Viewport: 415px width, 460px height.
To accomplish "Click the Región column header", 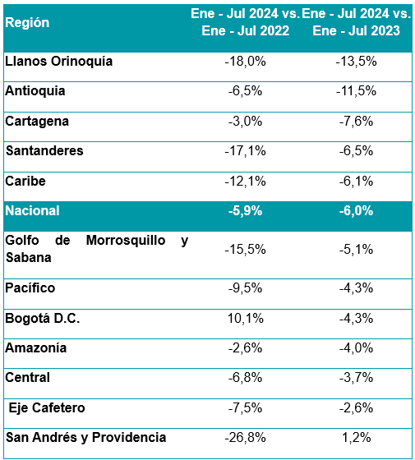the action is tap(27, 23).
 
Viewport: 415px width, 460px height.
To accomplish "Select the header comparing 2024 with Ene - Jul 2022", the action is tap(246, 22).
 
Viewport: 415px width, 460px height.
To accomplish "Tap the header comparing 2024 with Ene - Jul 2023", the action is tap(357, 22).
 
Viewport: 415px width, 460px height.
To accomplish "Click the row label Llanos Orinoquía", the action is tap(58, 62).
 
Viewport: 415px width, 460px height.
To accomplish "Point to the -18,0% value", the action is tap(246, 62).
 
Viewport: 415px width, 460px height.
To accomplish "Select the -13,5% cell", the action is tap(357, 62).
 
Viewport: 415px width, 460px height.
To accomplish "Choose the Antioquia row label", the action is tap(35, 91).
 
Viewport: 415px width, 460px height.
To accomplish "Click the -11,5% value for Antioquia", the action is tap(357, 91).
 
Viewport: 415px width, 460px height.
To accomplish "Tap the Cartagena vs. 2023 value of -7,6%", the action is tap(357, 122).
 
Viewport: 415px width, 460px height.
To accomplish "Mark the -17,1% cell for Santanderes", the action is tap(246, 151).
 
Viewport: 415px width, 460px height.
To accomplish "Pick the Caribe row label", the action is tap(25, 181).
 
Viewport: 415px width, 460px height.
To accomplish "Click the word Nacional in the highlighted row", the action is tap(32, 211).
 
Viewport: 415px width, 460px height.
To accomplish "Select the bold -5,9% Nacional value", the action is tap(246, 211).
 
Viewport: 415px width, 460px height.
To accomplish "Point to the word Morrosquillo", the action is tap(126, 240).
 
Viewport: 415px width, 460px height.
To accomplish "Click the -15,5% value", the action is tap(246, 250).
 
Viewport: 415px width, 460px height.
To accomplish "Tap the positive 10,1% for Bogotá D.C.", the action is tap(246, 319).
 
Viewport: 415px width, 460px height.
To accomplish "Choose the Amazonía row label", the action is tap(36, 348).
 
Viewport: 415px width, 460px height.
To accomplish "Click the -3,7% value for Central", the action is tap(357, 378).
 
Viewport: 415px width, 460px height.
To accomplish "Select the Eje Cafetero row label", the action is tap(47, 407).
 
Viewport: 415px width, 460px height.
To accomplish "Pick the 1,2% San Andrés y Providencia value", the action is tap(357, 438).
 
